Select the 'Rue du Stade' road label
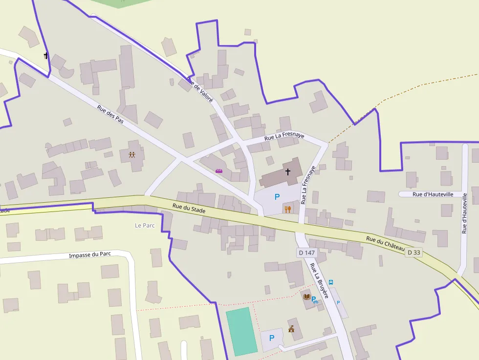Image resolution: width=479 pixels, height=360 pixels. click(x=189, y=208)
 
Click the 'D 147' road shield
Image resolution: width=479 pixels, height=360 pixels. click(x=306, y=253)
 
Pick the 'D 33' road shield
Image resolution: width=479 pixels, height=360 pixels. click(x=413, y=252)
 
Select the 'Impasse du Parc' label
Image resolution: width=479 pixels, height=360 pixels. click(x=90, y=254)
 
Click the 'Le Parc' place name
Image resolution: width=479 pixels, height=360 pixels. click(x=145, y=225)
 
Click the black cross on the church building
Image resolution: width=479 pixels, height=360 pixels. click(x=288, y=171)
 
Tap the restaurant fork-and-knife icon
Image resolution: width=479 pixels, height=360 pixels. click(x=288, y=210)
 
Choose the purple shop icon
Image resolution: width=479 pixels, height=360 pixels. click(x=219, y=171)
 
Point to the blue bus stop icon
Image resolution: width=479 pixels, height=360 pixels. click(x=331, y=282)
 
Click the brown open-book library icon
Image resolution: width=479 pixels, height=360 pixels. click(x=306, y=296)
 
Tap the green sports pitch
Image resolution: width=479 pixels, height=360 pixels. click(x=241, y=331)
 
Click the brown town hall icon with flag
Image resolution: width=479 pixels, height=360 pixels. click(x=291, y=329)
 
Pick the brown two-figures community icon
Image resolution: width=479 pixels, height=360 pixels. click(x=132, y=155)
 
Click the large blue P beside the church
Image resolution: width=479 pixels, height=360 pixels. click(x=277, y=197)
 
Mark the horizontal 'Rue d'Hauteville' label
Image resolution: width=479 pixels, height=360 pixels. click(x=433, y=194)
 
